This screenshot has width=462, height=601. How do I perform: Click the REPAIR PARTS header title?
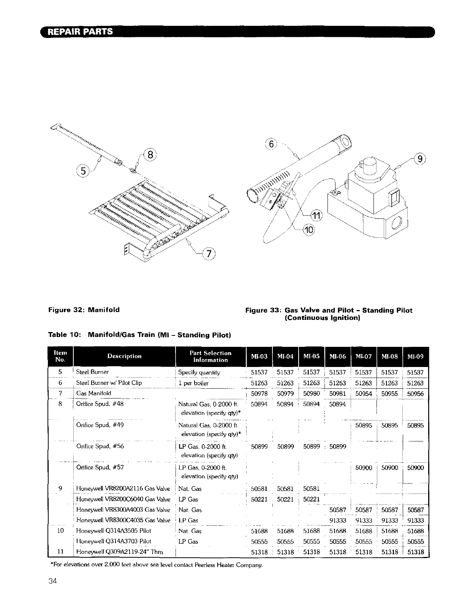pyautogui.click(x=80, y=32)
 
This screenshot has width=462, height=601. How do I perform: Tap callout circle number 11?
pyautogui.click(x=316, y=216)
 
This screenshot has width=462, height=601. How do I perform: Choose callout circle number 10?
pyautogui.click(x=309, y=230)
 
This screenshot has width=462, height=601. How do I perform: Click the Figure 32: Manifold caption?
pyautogui.click(x=84, y=310)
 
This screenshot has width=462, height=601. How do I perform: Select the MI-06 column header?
pyautogui.click(x=337, y=357)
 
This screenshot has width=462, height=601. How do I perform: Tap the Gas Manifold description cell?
pyautogui.click(x=94, y=393)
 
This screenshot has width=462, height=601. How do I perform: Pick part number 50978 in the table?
pyautogui.click(x=259, y=394)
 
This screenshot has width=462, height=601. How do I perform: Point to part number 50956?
pyautogui.click(x=415, y=394)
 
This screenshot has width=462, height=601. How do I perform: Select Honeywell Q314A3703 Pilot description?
pyautogui.click(x=114, y=541)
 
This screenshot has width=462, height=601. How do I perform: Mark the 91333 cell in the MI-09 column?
pyautogui.click(x=415, y=521)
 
